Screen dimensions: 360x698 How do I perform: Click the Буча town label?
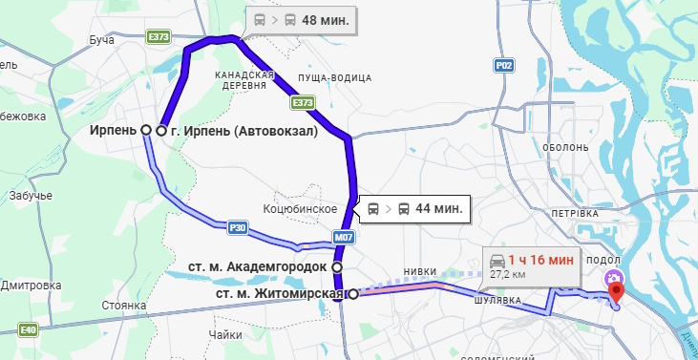coord(101,39)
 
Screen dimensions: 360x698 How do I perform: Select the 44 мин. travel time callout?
coord(415,207)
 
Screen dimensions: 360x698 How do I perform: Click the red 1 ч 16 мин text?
coord(540,259)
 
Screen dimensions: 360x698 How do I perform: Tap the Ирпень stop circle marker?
coord(146,129)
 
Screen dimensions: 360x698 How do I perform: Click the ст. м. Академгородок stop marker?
coord(337,266)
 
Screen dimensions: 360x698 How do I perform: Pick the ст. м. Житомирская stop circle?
coord(353,294)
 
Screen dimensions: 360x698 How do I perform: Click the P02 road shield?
coord(505,65)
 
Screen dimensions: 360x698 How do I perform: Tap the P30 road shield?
coord(239,227)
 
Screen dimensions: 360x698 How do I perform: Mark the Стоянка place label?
coord(124,307)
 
